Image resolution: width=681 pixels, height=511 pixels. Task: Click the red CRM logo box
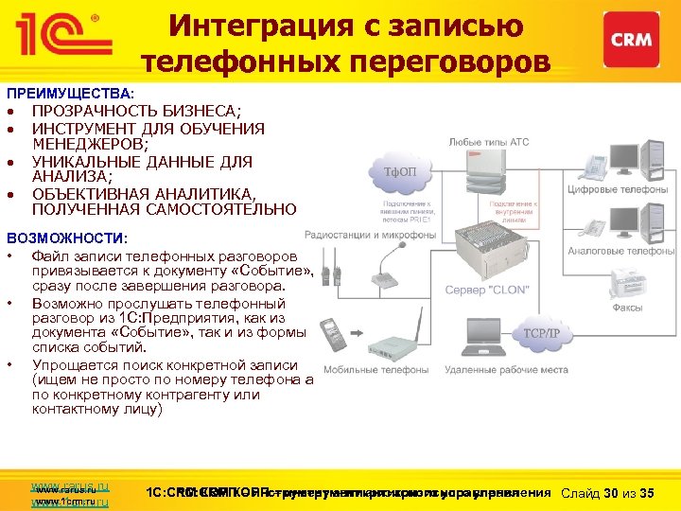point(633,40)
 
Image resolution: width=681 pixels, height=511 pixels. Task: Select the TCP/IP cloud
point(543,333)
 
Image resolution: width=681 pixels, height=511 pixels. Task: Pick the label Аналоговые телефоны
point(620,251)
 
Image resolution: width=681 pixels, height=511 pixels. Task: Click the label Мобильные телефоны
point(363,369)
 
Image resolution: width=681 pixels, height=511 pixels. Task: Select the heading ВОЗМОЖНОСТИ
point(66,237)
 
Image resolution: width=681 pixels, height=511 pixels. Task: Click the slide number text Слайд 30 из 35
point(608,493)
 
